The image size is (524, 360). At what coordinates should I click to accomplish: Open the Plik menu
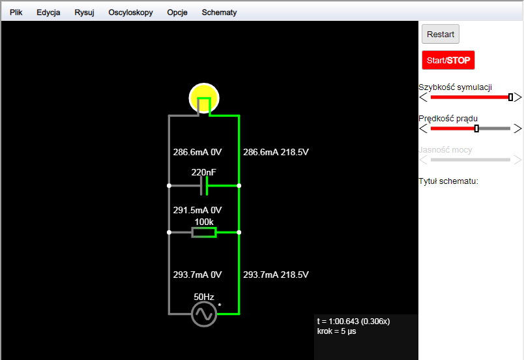click(16, 12)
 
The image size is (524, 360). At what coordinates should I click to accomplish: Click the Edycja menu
click(48, 12)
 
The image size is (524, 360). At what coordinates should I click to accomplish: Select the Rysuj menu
click(84, 12)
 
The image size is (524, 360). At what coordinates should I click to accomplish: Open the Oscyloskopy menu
click(130, 12)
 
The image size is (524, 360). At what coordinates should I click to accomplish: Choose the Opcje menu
click(177, 12)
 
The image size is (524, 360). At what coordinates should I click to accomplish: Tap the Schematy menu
click(219, 12)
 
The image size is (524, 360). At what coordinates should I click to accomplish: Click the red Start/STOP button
click(448, 60)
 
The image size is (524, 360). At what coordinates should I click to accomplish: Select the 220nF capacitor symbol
click(204, 186)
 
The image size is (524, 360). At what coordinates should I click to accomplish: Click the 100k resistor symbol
click(204, 232)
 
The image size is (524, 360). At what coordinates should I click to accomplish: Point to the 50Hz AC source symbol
click(204, 314)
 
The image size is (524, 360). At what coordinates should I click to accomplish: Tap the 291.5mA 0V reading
click(197, 210)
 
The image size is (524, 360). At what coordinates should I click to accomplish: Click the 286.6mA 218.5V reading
click(276, 152)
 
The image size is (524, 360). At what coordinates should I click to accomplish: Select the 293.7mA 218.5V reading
click(276, 275)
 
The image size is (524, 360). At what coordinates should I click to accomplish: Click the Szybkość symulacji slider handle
click(510, 97)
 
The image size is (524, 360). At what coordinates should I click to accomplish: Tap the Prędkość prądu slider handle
click(476, 128)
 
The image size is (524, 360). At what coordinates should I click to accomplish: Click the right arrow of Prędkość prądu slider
click(517, 128)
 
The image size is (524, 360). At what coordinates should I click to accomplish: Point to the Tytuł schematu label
click(448, 181)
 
